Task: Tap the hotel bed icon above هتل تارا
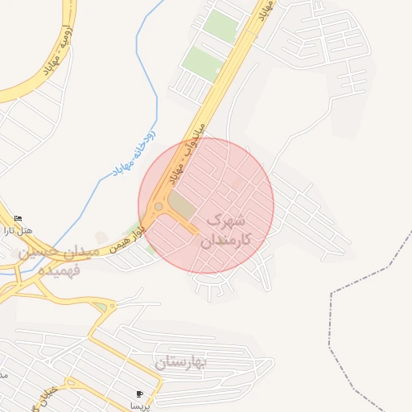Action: point(19,218)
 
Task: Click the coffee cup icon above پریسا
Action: point(140,394)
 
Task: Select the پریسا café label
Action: point(142,406)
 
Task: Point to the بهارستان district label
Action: point(181,363)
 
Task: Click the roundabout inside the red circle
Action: point(159,207)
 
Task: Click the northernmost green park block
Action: point(220,27)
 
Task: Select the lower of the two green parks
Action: point(201,62)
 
